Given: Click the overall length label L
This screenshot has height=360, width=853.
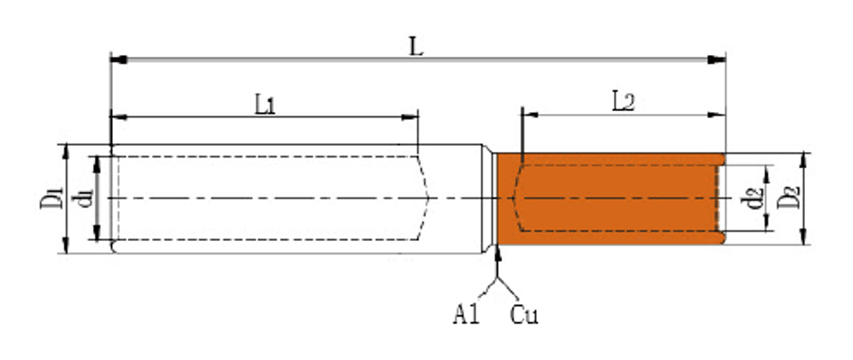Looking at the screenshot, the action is [x=416, y=47].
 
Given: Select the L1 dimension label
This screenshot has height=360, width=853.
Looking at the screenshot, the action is [x=266, y=104].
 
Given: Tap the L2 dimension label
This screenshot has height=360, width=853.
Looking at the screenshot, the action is [x=624, y=101].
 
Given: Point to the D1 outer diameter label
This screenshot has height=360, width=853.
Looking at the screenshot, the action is [x=52, y=198].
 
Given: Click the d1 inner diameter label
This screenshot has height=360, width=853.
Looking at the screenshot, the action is [x=85, y=198].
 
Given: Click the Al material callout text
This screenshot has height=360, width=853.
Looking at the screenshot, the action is [x=466, y=315].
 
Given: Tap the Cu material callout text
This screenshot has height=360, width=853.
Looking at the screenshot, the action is [x=524, y=315].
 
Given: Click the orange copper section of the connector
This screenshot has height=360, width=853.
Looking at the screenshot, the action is [x=610, y=198].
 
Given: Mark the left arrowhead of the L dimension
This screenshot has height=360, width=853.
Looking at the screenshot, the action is [x=119, y=60].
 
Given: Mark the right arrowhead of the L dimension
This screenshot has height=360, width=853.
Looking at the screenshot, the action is [x=717, y=60].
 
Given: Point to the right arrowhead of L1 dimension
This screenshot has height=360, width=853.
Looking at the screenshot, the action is [x=410, y=117].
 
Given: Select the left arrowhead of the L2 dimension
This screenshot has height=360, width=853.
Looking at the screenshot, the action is [x=530, y=115].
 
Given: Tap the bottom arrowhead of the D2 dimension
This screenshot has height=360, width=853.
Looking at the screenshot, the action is [x=804, y=236].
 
